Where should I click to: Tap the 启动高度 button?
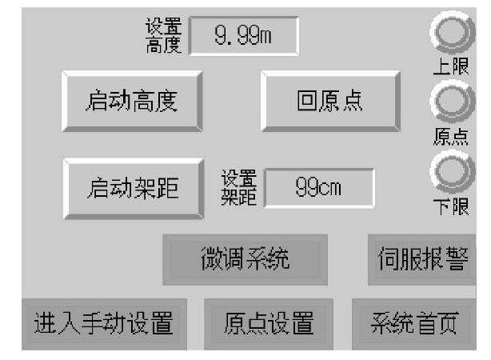(131, 101)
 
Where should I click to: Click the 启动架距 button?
(131, 187)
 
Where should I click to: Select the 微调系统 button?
(244, 259)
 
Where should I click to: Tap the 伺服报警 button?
(421, 259)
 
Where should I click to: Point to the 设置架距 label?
(238, 188)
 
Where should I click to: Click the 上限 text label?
(450, 67)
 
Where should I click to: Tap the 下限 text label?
(450, 206)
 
